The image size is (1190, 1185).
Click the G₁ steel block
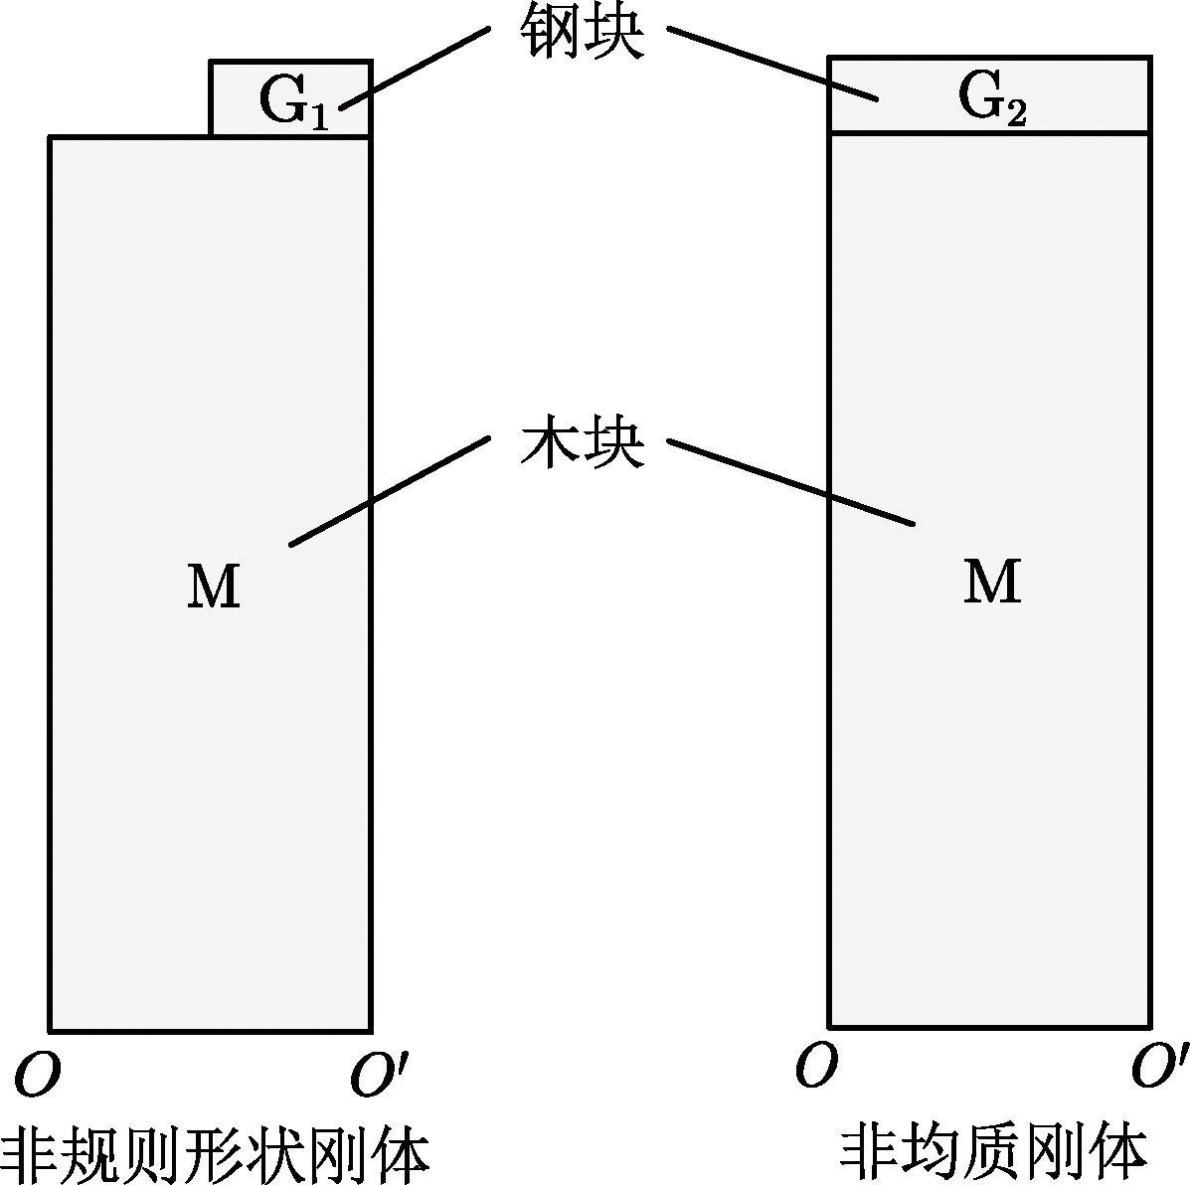pyautogui.click(x=239, y=99)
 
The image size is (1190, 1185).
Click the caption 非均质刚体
pyautogui.click(x=994, y=1150)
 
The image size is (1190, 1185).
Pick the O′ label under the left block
pyautogui.click(x=375, y=1078)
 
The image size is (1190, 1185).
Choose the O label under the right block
pyautogui.click(x=814, y=1066)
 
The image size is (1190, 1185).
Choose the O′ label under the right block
pyautogui.click(x=1158, y=1068)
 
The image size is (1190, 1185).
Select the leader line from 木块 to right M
pyautogui.click(x=790, y=482)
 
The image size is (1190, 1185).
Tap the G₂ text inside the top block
pyautogui.click(x=991, y=97)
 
